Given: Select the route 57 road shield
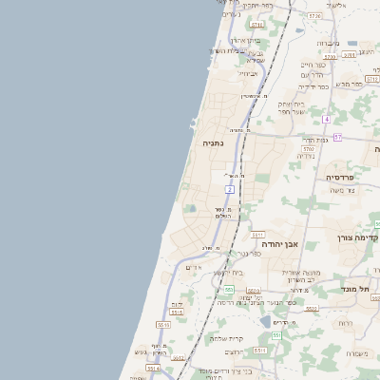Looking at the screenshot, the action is click(337, 138).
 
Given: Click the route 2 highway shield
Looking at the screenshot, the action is click(230, 190).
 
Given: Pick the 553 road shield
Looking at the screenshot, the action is click(230, 289).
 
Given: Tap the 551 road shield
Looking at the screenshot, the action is click(276, 335).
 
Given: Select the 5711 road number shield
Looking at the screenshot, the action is click(256, 25).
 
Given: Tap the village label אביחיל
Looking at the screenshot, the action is click(249, 73).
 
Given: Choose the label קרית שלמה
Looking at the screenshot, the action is click(225, 339).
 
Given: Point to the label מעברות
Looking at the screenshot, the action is click(327, 43).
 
